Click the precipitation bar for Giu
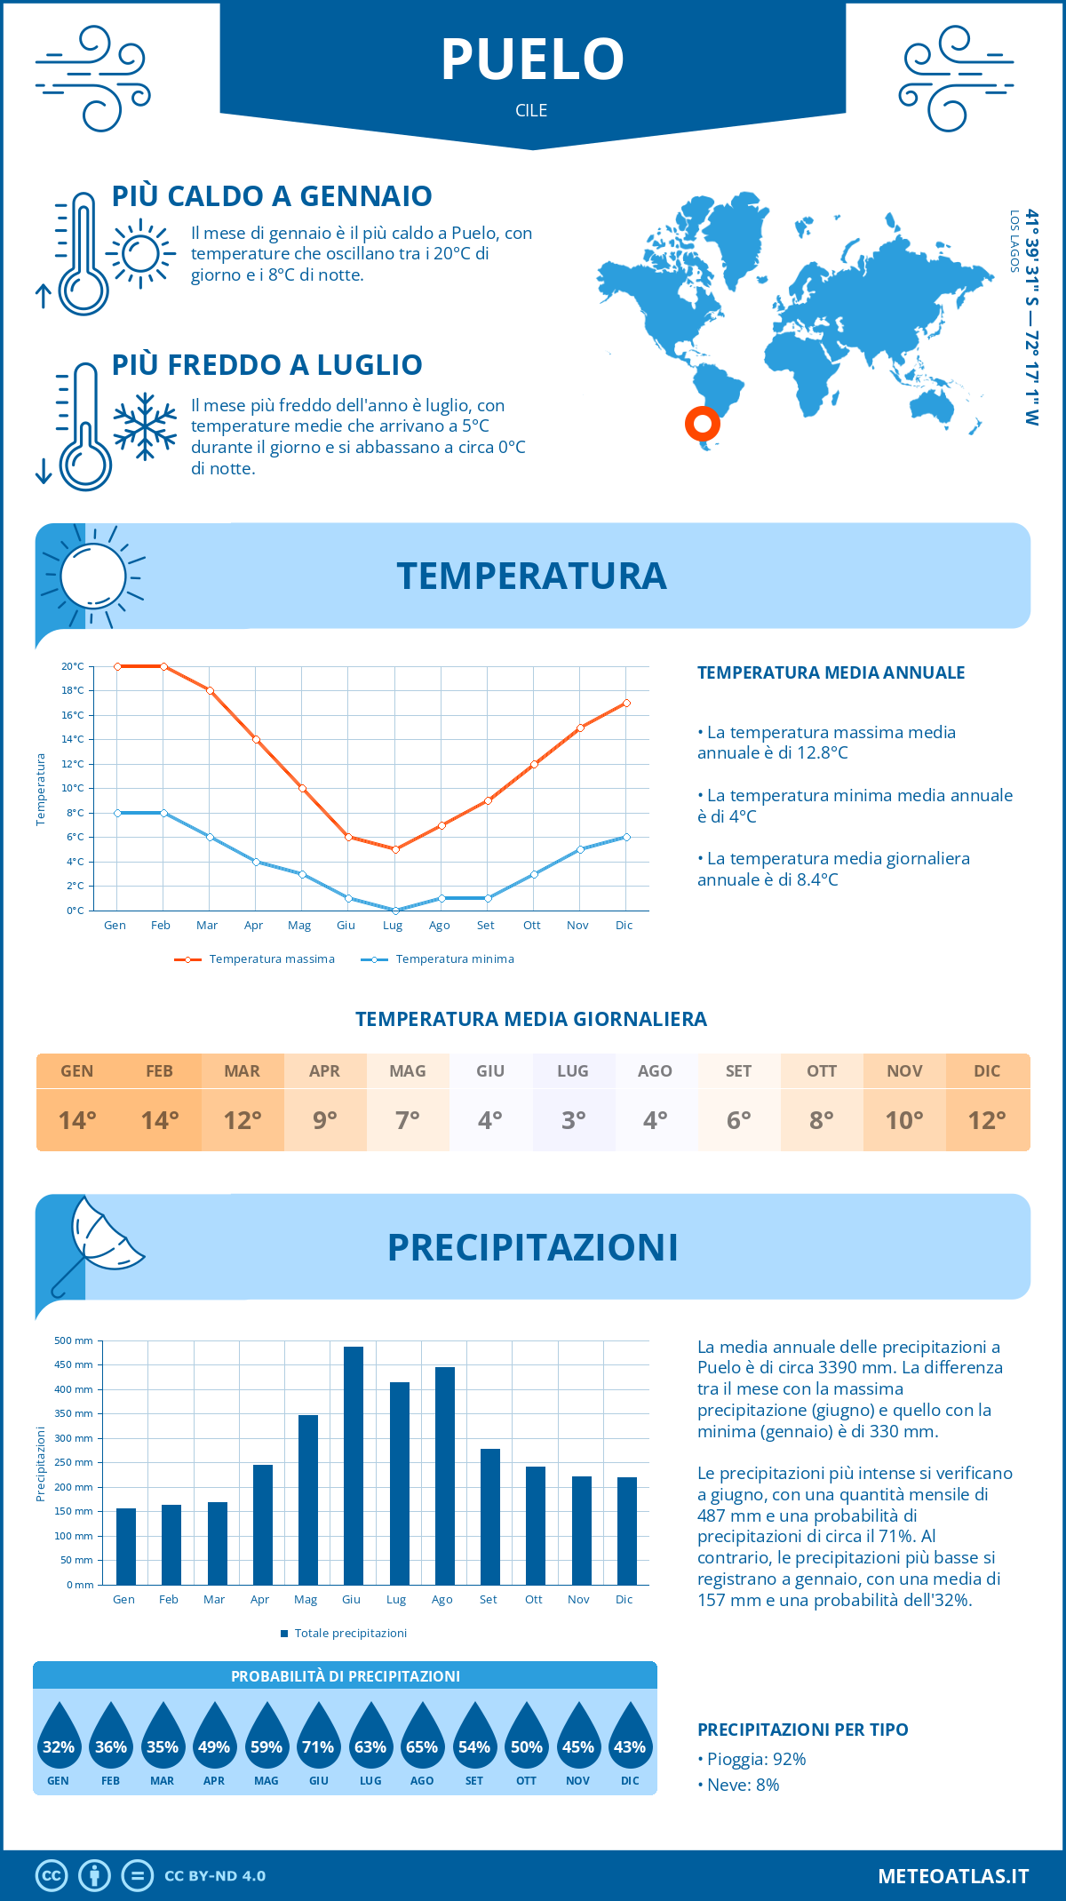click(x=353, y=1466)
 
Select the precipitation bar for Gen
click(x=126, y=1547)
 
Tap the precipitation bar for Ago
click(x=444, y=1475)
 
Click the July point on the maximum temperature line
click(x=395, y=849)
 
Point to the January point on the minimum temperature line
click(x=117, y=813)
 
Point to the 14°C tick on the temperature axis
click(x=73, y=739)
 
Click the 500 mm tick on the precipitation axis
click(x=74, y=1340)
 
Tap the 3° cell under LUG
click(x=573, y=1120)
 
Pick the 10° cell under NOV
click(x=904, y=1120)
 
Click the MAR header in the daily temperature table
click(x=243, y=1071)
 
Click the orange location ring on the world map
click(x=702, y=424)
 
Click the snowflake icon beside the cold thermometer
click(x=145, y=426)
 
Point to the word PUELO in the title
click(x=532, y=60)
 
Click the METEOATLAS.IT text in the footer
click(x=953, y=1876)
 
